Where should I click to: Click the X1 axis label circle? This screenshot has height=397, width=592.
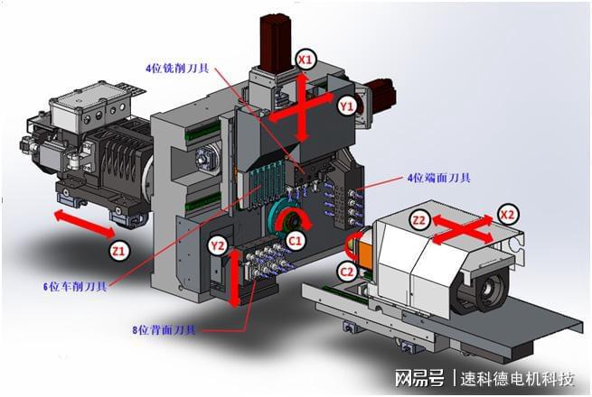point(305,60)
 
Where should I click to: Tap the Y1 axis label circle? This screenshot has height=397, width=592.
point(347,106)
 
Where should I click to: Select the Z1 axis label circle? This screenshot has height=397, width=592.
point(119,250)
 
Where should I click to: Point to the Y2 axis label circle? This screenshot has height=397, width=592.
point(218,246)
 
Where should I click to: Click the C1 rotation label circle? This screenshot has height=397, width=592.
point(296,240)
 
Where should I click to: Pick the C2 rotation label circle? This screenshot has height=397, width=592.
point(347,272)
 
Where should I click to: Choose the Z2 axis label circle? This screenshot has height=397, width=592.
point(419,219)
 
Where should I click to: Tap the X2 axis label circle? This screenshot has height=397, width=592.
point(507,215)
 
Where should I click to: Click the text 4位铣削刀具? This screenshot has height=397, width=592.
point(177,69)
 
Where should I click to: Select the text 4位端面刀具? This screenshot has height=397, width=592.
point(438,178)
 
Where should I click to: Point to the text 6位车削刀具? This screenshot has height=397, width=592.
point(75,287)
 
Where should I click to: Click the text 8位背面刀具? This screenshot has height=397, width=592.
point(164,330)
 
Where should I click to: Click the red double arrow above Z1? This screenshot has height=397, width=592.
point(84,225)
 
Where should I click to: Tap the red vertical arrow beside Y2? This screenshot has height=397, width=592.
point(234,278)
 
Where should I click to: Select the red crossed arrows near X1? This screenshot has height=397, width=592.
point(302,108)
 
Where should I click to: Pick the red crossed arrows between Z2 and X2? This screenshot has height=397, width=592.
point(463,229)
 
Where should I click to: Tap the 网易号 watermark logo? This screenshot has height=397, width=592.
point(419,378)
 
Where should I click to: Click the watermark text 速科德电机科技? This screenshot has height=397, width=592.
point(517,379)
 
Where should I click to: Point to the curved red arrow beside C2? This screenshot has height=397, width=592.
point(352,245)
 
